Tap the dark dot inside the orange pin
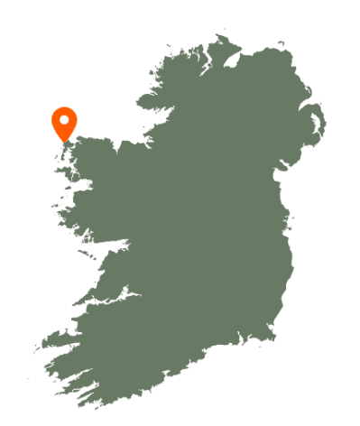(x=64, y=119)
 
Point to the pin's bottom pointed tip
(x=64, y=142)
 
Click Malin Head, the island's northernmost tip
(x=219, y=38)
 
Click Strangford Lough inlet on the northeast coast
(x=317, y=136)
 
